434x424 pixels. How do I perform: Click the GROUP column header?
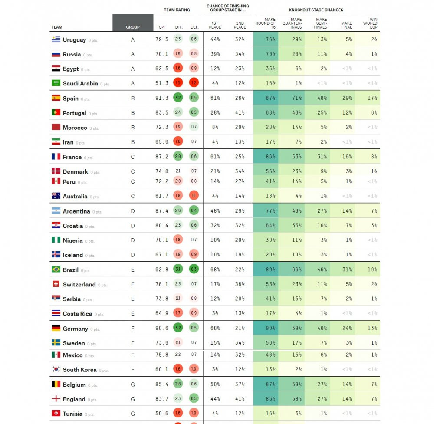(133, 27)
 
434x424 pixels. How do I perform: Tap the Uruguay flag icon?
(56, 39)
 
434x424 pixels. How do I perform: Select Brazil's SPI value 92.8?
(162, 270)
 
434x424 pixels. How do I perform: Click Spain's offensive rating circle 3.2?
(178, 98)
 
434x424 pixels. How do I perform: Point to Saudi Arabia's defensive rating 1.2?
(194, 83)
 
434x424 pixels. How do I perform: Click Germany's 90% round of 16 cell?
(266, 329)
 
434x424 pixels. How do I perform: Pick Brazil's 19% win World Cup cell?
(368, 270)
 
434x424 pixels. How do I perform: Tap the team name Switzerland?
(79, 285)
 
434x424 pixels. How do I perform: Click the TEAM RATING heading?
(177, 10)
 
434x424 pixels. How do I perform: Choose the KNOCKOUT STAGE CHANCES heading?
(316, 10)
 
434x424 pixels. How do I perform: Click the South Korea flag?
(56, 369)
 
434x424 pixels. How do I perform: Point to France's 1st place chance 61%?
(215, 157)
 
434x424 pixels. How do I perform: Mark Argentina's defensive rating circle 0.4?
(194, 211)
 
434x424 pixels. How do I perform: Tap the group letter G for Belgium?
(133, 385)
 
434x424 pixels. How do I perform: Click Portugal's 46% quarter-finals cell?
(292, 113)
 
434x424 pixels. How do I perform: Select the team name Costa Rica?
(77, 314)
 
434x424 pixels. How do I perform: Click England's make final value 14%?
(342, 399)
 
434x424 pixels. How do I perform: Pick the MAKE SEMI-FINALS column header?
(322, 23)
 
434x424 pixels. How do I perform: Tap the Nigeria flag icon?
(56, 240)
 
